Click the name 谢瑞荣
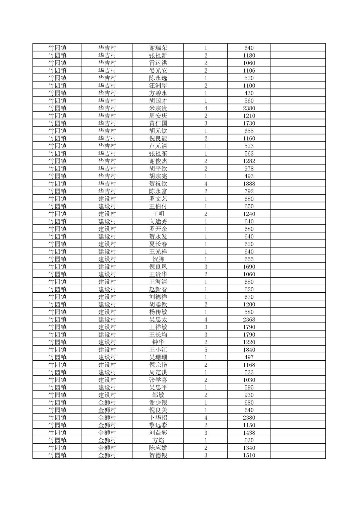point(158,48)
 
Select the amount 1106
point(249,71)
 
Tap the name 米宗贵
point(158,108)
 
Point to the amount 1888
point(249,184)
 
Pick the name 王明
point(158,214)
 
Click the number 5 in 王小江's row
point(205,350)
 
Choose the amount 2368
point(249,319)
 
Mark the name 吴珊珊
point(158,357)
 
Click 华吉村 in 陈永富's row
point(107,191)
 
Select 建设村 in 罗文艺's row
point(107,199)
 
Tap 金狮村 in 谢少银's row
point(107,403)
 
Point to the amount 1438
point(249,433)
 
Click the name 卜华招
point(158,418)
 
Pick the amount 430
point(249,93)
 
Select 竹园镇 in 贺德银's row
point(57,455)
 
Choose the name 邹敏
point(158,395)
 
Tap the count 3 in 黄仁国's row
point(205,123)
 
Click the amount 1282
point(249,161)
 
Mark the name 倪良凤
point(158,267)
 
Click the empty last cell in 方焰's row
point(297,440)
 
